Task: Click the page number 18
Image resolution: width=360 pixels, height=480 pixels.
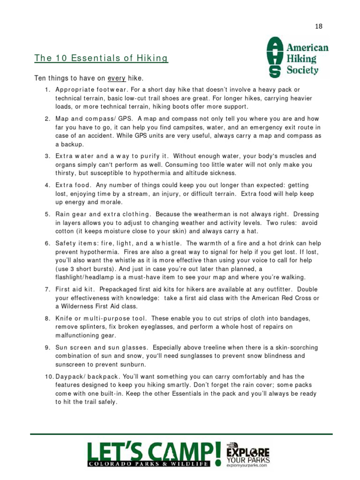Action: click(319, 26)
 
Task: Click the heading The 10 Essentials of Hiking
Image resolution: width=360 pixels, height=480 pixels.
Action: click(101, 58)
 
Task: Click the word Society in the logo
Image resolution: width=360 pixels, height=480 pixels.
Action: click(303, 71)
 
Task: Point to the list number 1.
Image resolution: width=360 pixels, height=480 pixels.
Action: click(47, 90)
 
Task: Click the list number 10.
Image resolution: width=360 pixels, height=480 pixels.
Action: click(49, 376)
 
